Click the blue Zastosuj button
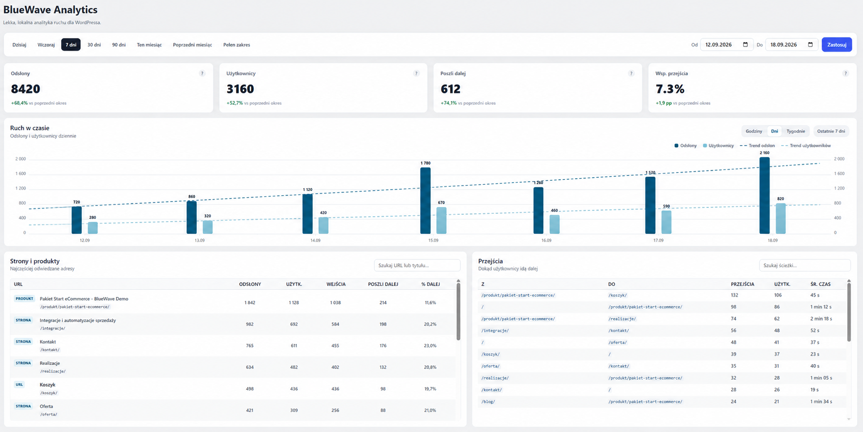(x=837, y=45)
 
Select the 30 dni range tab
(x=94, y=45)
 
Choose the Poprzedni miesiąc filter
(x=193, y=45)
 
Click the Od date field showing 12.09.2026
(x=727, y=45)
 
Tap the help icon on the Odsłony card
(x=202, y=74)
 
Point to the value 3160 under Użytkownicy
(x=240, y=89)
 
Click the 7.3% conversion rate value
(x=670, y=89)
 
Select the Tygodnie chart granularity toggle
(x=796, y=131)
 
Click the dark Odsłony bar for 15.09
(x=425, y=201)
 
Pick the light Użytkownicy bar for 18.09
(x=781, y=219)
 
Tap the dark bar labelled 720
(x=76, y=220)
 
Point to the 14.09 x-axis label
(x=315, y=241)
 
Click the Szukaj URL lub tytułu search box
(x=417, y=265)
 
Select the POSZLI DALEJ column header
(x=383, y=284)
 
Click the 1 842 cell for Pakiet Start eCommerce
(x=250, y=303)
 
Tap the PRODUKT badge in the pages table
(x=24, y=299)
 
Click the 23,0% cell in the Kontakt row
(x=430, y=346)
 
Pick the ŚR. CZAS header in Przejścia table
(x=821, y=284)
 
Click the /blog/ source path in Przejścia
(x=488, y=402)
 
